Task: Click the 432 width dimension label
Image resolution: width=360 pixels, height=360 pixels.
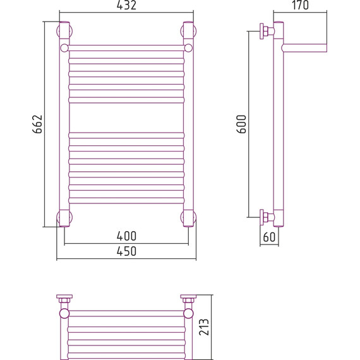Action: pyautogui.click(x=126, y=5)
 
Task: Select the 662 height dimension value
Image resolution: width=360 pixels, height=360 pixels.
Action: pyautogui.click(x=37, y=124)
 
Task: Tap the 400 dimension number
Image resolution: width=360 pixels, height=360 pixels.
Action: pyautogui.click(x=126, y=236)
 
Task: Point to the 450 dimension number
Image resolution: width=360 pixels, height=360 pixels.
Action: pyautogui.click(x=126, y=251)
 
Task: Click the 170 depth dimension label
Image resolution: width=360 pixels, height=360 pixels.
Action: pyautogui.click(x=300, y=5)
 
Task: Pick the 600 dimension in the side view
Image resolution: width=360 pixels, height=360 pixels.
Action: pyautogui.click(x=241, y=124)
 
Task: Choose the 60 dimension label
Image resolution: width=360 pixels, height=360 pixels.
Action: pyautogui.click(x=269, y=237)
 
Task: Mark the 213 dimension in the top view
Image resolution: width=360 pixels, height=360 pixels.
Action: pyautogui.click(x=204, y=327)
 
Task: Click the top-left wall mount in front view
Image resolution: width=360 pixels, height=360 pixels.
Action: pyautogui.click(x=64, y=31)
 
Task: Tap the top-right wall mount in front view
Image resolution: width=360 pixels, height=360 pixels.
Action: pyautogui.click(x=188, y=31)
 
